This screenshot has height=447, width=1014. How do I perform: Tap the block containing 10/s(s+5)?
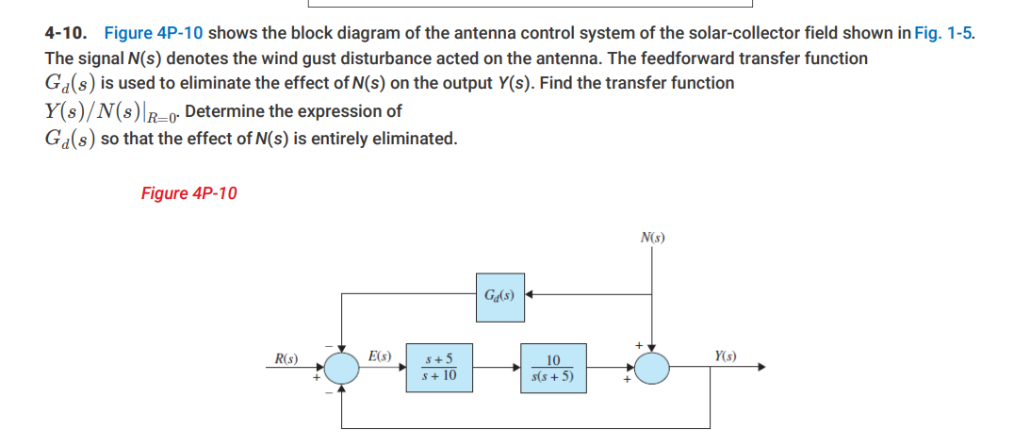coord(552,368)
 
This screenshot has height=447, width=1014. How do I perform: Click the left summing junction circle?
coord(342,368)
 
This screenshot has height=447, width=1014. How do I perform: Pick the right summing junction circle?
coord(652,368)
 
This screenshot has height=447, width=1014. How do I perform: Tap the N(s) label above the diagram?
coord(652,238)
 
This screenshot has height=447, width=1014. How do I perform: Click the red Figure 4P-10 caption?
coord(188,193)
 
